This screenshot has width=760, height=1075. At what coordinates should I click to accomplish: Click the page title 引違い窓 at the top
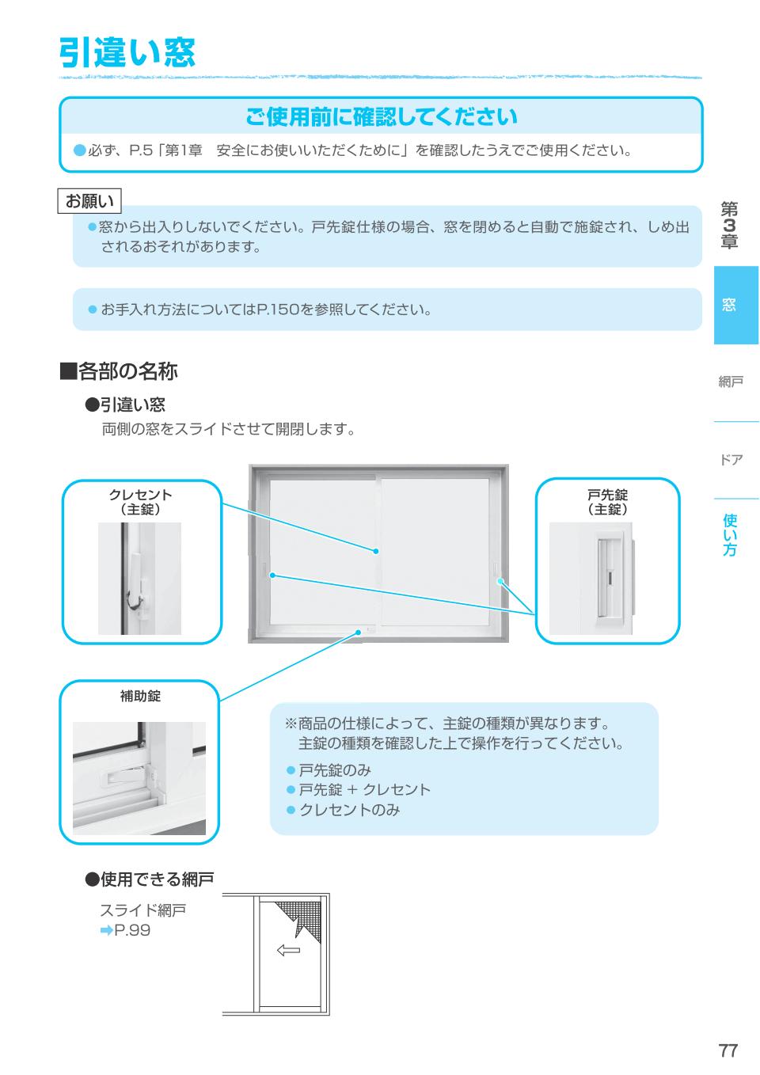point(127,52)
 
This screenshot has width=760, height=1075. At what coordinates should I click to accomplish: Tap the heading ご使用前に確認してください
point(382,116)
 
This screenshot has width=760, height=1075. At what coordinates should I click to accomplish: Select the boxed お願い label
point(89,200)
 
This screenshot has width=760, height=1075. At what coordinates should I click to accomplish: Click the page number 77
point(728,1050)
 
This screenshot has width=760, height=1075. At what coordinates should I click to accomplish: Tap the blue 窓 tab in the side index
point(729,305)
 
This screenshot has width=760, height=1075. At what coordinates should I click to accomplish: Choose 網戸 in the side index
point(731,382)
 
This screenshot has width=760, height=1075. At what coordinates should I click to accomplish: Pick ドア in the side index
point(731,460)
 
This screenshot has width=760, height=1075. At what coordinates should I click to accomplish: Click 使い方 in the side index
point(730,534)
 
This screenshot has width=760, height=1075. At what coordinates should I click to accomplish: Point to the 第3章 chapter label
point(729,225)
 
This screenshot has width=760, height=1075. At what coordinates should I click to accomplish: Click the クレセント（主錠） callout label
point(140,502)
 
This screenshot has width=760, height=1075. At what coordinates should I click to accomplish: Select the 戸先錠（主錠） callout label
point(607,502)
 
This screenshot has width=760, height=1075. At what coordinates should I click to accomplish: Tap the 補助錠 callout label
point(140,696)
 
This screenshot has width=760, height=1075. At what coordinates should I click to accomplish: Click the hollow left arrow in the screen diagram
point(288,950)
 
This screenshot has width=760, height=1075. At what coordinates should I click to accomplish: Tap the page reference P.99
point(126,930)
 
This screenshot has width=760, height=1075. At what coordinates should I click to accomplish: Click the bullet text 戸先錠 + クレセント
point(365,789)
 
